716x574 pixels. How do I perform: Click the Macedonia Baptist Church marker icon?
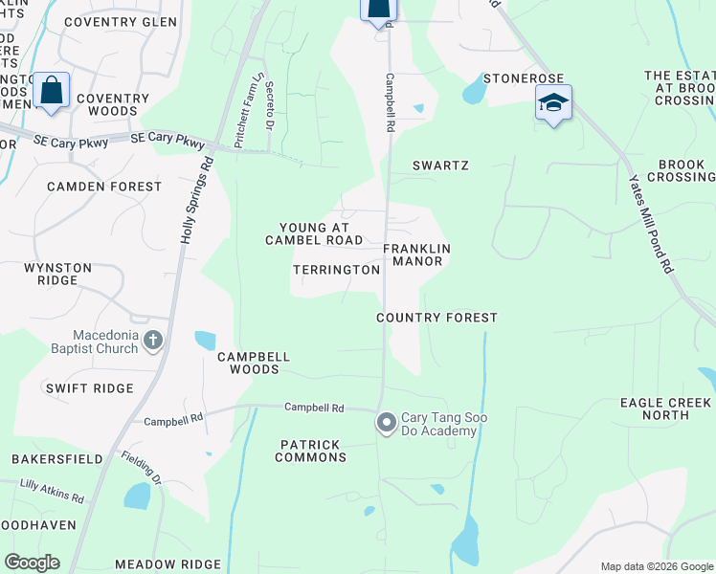coord(153,340)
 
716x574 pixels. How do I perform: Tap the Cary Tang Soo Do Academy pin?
coord(387,422)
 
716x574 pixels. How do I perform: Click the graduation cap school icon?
coord(553,103)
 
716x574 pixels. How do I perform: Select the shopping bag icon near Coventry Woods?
coord(52,92)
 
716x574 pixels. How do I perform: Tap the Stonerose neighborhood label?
coord(523,77)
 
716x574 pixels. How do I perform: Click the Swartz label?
coord(440,166)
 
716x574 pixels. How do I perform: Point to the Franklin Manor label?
coord(416,254)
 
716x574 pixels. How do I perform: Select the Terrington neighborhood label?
coord(336,271)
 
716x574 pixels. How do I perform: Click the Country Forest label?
coord(436,318)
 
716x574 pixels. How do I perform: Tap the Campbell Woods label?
coord(254,363)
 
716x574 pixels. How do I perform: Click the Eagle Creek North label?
coord(666,408)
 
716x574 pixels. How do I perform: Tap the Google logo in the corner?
coord(32,563)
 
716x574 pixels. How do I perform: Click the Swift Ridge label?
coord(89,388)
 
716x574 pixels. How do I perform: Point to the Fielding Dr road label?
coord(141,468)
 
